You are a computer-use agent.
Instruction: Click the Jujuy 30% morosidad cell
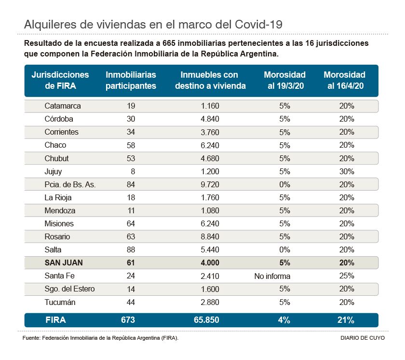point(346,171)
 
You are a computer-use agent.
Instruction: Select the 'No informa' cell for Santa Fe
point(272,276)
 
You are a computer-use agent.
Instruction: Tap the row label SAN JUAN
point(64,263)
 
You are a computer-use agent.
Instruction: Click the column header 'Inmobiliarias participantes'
point(131,80)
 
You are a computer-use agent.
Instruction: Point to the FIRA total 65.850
point(209,320)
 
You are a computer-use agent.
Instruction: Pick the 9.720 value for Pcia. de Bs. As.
point(209,184)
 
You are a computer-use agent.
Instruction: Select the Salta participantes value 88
point(130,250)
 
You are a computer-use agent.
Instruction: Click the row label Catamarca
point(63,106)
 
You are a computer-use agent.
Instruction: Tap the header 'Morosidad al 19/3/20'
point(284,80)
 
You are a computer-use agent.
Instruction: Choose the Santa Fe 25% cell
point(346,276)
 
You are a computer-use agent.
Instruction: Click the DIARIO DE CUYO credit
point(359,339)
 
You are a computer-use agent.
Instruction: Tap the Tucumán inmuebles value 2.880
point(209,303)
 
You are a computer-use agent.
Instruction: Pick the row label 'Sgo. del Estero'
point(69,289)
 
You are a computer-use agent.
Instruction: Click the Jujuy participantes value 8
point(133,171)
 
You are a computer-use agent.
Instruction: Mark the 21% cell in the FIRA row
point(346,320)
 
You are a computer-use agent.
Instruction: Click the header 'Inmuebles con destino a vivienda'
point(209,80)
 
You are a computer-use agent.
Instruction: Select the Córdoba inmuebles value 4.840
point(209,119)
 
